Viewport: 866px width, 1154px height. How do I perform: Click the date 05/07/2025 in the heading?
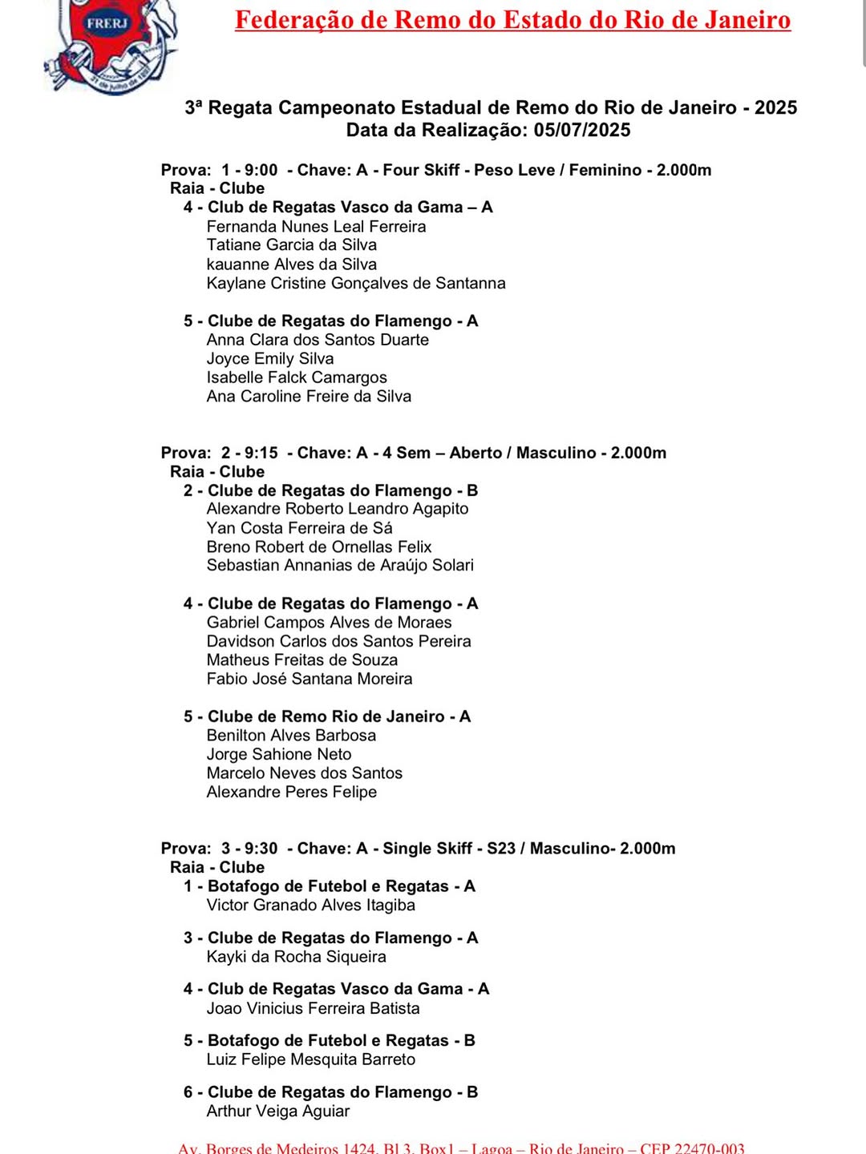(582, 130)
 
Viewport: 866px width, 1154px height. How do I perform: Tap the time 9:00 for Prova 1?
(261, 170)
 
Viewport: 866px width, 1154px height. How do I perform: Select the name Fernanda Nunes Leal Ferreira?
(316, 226)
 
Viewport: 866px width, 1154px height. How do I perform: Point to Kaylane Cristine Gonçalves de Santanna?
(356, 283)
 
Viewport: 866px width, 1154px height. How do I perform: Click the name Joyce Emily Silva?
(270, 358)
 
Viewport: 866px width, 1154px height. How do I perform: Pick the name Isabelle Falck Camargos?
(297, 377)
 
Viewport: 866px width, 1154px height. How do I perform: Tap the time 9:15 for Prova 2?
(261, 453)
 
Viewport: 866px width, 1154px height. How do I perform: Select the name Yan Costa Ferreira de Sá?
(299, 527)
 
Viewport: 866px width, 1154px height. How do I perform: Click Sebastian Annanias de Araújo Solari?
(340, 565)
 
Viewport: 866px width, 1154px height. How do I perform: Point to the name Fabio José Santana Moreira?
(310, 679)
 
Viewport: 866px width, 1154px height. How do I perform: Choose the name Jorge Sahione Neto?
(279, 754)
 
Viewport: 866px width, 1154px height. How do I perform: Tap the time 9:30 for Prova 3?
(261, 848)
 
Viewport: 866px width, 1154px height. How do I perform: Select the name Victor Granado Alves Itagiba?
(311, 905)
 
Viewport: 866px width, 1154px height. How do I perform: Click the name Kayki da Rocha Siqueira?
(296, 956)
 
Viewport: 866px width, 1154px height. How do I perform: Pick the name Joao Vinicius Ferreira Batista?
(313, 1008)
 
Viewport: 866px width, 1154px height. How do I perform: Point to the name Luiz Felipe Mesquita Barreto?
(311, 1059)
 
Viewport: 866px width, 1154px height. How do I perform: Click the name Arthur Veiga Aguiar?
(278, 1111)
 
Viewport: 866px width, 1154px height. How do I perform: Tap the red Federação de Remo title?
(512, 19)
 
